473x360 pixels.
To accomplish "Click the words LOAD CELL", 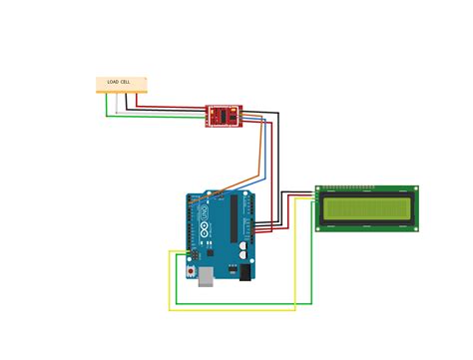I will tap(119, 82).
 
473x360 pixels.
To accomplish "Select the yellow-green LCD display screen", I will tap(366, 207).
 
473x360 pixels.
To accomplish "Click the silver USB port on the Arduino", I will tap(205, 276).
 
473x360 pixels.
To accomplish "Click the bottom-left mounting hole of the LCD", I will tap(319, 227).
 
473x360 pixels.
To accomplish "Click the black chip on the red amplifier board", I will tap(225, 115).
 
